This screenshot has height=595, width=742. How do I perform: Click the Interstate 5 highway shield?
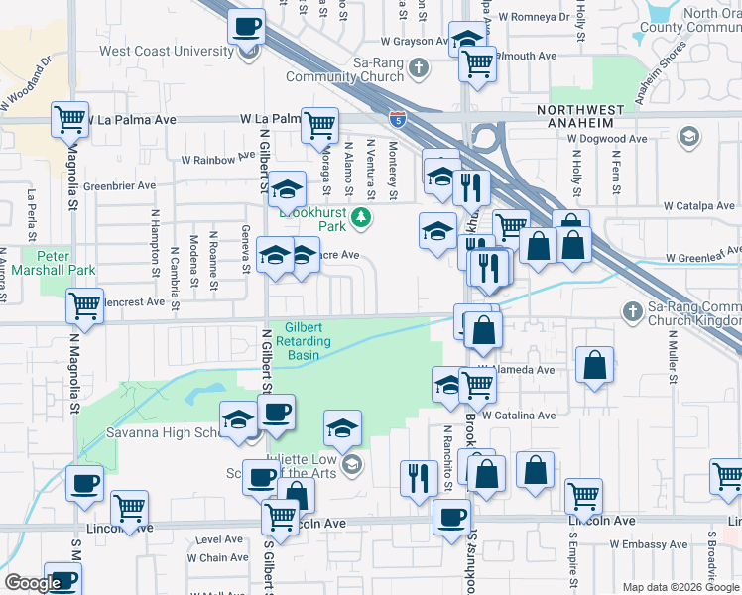point(397,121)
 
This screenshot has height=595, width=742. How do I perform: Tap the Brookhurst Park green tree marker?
point(363,217)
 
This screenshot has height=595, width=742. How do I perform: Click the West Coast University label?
point(162,50)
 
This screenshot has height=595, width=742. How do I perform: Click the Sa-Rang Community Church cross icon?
point(419,68)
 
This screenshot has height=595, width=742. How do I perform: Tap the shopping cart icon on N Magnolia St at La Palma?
point(70,120)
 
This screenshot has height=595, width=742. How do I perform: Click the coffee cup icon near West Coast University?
point(247,27)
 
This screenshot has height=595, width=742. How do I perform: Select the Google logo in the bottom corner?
point(32,583)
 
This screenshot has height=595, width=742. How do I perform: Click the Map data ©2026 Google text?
point(680,587)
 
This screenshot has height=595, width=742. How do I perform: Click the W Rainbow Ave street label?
point(218,159)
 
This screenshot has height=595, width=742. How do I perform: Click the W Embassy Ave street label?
point(643,544)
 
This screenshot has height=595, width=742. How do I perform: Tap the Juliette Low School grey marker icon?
point(350,464)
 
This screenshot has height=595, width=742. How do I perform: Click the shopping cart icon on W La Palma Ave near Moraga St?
point(319,125)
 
